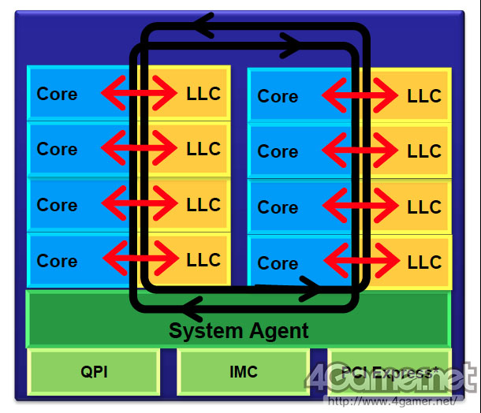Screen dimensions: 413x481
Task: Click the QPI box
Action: [93, 371]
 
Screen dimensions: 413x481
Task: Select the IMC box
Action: [243, 371]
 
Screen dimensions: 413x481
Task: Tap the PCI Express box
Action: [390, 370]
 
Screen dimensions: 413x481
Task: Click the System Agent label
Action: [239, 330]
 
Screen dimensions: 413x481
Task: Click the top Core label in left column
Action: [57, 94]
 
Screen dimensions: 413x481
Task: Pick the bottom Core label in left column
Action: [57, 261]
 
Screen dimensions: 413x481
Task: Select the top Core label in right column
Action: [278, 96]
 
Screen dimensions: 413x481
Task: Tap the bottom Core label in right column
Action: [278, 263]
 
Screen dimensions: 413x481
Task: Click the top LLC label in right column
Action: [424, 96]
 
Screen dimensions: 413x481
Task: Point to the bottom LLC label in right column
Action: [424, 262]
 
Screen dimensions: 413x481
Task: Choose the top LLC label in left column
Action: [203, 94]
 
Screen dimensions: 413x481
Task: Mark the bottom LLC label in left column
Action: [203, 260]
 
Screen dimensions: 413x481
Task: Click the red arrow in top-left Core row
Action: [140, 94]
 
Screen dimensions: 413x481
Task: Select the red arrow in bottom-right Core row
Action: [360, 262]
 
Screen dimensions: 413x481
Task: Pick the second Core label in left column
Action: [57, 149]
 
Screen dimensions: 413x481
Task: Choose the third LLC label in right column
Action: [424, 207]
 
